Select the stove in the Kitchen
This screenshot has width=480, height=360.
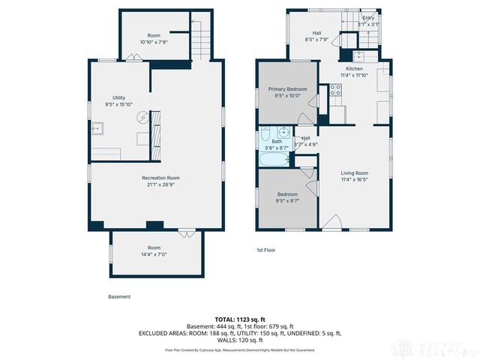point(335,91)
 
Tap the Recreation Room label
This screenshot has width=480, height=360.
point(160,178)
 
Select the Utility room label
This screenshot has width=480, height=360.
point(118,97)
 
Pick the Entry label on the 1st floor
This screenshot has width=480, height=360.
point(368,17)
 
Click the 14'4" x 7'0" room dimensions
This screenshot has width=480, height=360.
point(154,254)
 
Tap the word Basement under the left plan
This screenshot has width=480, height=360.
point(119,296)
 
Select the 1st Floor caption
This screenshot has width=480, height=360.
point(265,250)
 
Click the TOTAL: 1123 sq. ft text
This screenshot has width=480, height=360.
point(239,319)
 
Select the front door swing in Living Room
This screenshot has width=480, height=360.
point(334,221)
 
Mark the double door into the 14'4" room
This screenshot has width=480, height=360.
point(184,233)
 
